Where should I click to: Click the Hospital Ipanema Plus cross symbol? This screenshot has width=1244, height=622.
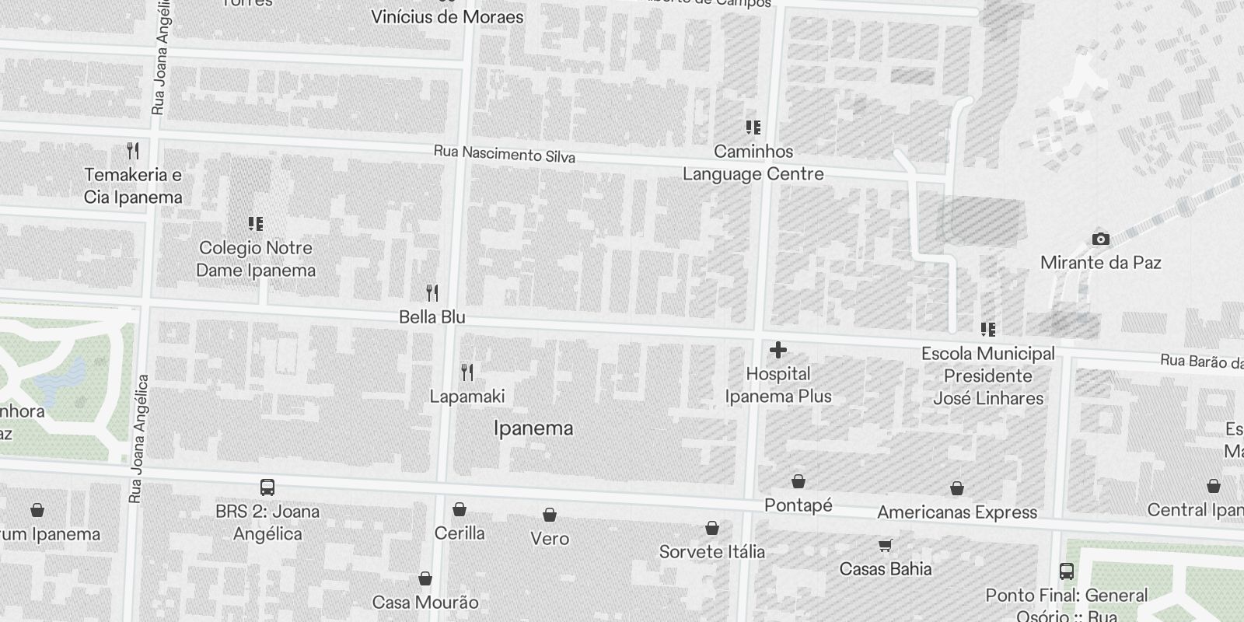pos(777,351)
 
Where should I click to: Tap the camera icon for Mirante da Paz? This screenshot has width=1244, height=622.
pos(1100,239)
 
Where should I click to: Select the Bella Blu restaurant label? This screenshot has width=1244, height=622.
pos(432,317)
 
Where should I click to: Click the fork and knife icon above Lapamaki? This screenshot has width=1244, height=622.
pos(466,372)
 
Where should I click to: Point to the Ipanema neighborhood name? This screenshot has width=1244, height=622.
pos(533,428)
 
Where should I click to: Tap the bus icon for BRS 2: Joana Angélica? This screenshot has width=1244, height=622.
pos(267,487)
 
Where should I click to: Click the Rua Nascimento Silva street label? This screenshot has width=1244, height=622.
pos(504,154)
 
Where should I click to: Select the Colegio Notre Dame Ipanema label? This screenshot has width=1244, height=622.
pos(256,259)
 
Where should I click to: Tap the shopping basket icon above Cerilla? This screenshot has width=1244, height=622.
pos(460,509)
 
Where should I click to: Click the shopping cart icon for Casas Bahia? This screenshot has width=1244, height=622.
pos(885,544)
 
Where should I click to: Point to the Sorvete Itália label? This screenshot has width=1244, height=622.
pos(712,552)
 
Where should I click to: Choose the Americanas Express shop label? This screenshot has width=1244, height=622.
pos(957,512)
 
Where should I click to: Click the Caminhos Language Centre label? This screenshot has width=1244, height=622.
pos(753,162)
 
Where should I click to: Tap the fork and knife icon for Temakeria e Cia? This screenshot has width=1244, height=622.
pos(133,150)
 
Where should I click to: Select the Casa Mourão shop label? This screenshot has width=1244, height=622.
pos(425,603)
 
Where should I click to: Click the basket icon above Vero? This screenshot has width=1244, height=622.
pos(550,515)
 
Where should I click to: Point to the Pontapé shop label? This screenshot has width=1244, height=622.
pos(798,505)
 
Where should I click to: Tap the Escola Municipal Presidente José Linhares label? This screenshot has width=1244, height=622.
pos(988,376)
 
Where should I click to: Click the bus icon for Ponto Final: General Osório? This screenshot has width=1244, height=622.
pos(1067,571)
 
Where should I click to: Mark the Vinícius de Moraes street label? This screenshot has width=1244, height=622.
pos(447,16)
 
